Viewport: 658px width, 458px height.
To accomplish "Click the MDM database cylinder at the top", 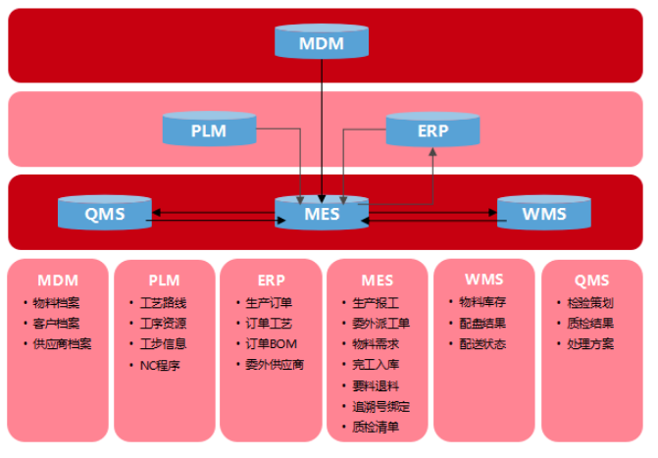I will pyautogui.click(x=321, y=43).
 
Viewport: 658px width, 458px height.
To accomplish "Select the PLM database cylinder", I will pyautogui.click(x=209, y=129).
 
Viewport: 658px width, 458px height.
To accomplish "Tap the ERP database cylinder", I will pyautogui.click(x=432, y=129).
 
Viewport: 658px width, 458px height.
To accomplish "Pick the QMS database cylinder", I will pyautogui.click(x=105, y=212).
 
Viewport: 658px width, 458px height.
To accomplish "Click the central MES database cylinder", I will pyautogui.click(x=322, y=212).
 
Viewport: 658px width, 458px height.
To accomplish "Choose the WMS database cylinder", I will pyautogui.click(x=544, y=212).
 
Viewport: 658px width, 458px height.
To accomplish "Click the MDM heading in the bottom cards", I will pyautogui.click(x=58, y=280).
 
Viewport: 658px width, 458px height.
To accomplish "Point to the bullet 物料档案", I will pyautogui.click(x=57, y=303).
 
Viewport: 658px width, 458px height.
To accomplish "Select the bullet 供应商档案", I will pyautogui.click(x=63, y=344).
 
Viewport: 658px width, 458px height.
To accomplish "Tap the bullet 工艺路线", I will pyautogui.click(x=163, y=303).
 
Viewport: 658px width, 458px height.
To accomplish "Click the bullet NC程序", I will pyautogui.click(x=160, y=365).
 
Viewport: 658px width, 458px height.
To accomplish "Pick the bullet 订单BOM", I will pyautogui.click(x=270, y=344).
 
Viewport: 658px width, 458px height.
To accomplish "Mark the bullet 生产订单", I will pyautogui.click(x=270, y=303).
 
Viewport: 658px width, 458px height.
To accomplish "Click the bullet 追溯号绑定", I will pyautogui.click(x=381, y=406).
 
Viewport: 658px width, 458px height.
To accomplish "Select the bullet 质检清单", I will pyautogui.click(x=377, y=427).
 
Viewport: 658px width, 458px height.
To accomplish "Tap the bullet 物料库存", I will pyautogui.click(x=482, y=302).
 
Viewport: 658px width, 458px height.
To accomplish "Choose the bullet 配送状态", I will pyautogui.click(x=482, y=343).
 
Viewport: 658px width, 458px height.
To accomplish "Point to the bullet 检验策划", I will pyautogui.click(x=590, y=303).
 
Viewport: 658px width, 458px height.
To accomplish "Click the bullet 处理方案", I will pyautogui.click(x=590, y=344).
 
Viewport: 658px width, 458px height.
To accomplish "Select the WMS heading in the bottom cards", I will pyautogui.click(x=483, y=280).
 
